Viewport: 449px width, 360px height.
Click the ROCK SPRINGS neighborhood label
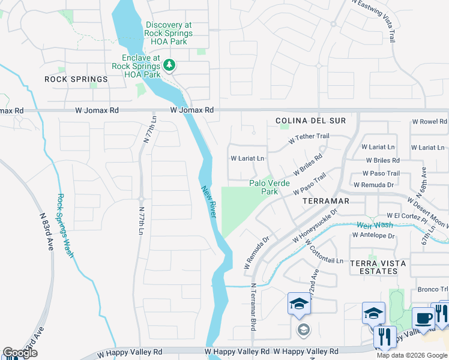pyautogui.click(x=76, y=79)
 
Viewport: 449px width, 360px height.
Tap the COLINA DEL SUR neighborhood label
pyautogui.click(x=311, y=121)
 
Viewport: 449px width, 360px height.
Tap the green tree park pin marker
pyautogui.click(x=170, y=64)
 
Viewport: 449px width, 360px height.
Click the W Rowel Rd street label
pyautogui.click(x=429, y=122)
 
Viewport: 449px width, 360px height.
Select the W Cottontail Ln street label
pyautogui.click(x=324, y=251)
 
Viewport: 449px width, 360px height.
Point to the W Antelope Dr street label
pyautogui.click(x=373, y=236)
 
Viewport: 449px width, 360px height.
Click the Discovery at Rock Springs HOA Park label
pyautogui.click(x=169, y=29)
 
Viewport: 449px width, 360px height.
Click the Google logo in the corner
pyautogui.click(x=20, y=353)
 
